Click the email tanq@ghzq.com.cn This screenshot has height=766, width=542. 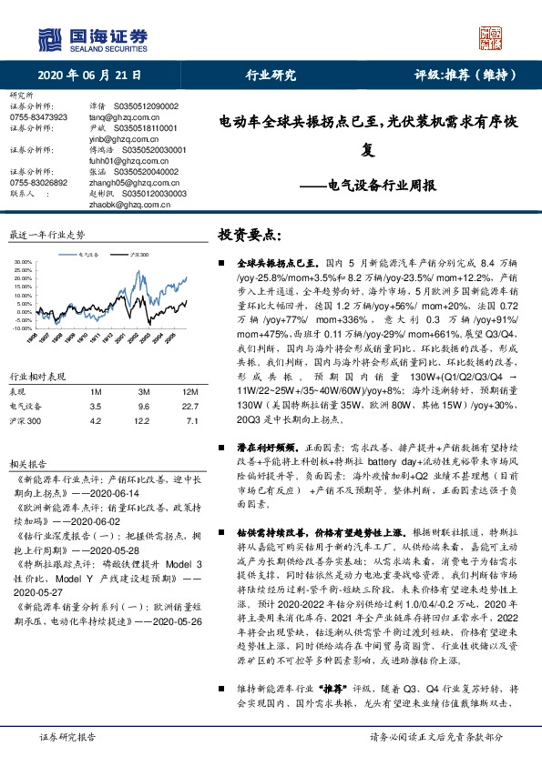click(118, 117)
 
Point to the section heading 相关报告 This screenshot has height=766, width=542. click(25, 464)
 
